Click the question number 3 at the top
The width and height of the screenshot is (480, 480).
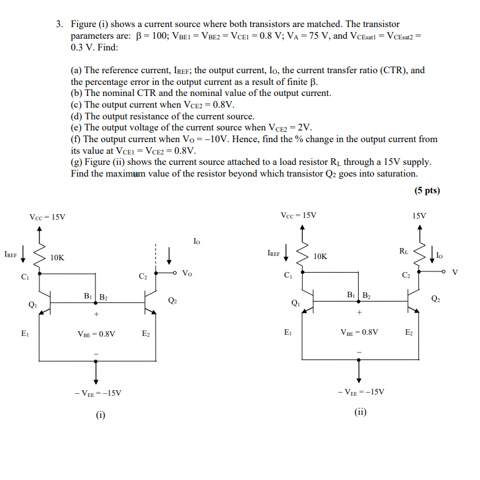coord(59,24)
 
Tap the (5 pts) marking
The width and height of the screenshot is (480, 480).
coord(427,190)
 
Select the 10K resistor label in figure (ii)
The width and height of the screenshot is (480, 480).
coord(321,256)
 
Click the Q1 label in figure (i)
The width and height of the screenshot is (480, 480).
coord(32,303)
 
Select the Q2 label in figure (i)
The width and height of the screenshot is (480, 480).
coord(172,300)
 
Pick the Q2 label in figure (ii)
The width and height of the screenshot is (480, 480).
coord(436,299)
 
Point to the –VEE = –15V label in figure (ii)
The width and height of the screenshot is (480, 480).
coord(361,391)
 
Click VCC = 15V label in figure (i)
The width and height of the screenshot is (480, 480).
coord(47,217)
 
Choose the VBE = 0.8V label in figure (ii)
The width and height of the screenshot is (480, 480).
coord(359,332)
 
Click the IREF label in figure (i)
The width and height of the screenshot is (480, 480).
coord(10,254)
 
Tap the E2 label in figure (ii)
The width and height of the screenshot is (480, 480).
coord(409,332)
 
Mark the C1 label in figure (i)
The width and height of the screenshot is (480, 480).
coord(24,277)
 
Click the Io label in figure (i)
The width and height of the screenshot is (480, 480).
coord(196,241)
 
